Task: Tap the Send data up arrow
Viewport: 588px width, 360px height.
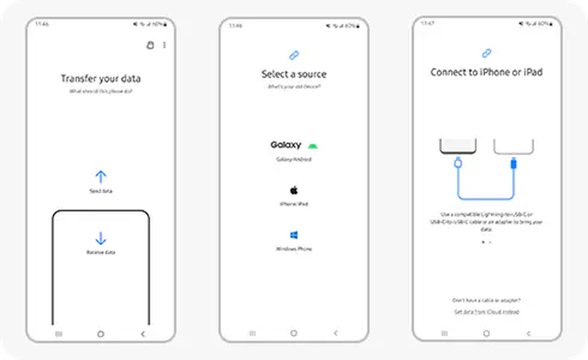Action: click(100, 176)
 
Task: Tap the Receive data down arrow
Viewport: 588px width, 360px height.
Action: click(100, 239)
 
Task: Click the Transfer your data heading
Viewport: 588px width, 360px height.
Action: click(100, 79)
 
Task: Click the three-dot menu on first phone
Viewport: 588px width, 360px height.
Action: click(164, 45)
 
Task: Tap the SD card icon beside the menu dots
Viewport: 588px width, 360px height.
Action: click(151, 45)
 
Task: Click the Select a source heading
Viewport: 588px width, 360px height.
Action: click(293, 75)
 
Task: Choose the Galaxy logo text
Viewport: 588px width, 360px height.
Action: click(286, 145)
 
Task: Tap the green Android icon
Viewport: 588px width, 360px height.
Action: click(312, 146)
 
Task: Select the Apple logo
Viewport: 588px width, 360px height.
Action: click(293, 190)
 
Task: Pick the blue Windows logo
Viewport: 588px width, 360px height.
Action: click(293, 235)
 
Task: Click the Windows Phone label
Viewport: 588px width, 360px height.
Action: click(293, 249)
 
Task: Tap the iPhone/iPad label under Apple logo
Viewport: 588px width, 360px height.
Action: click(293, 204)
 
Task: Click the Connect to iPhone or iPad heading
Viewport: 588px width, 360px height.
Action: click(486, 72)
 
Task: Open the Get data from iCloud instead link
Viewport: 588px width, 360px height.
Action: click(486, 312)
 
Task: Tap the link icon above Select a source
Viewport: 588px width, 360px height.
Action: click(293, 56)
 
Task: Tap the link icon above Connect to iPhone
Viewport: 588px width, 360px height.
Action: click(486, 53)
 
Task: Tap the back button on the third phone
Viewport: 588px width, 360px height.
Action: click(528, 333)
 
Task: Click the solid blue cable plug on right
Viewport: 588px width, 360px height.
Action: click(513, 163)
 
